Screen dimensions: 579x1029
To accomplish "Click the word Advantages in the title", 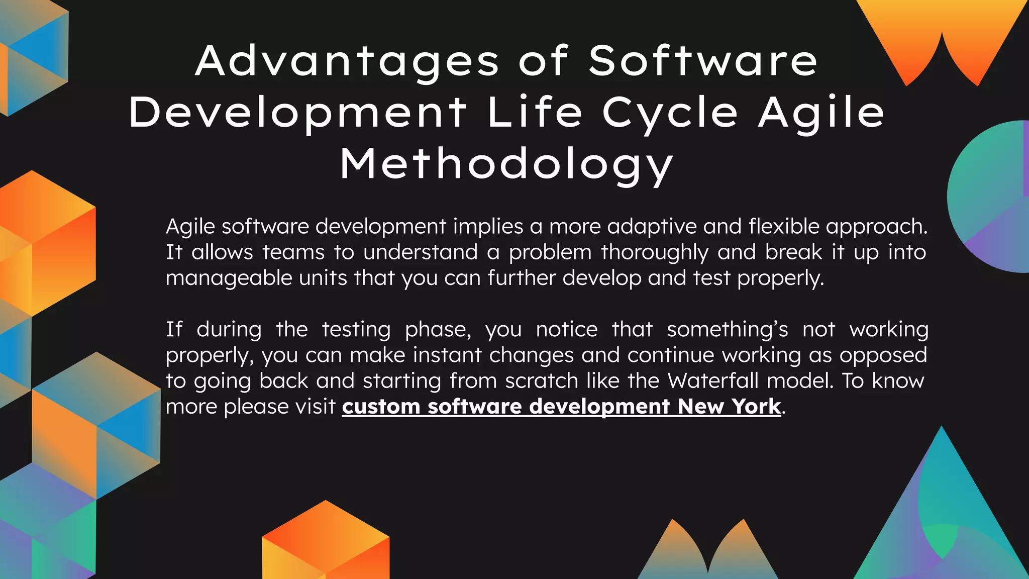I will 347,62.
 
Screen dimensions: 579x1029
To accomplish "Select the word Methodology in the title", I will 506,165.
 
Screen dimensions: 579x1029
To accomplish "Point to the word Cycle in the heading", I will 670,114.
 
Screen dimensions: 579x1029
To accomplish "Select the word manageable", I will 229,278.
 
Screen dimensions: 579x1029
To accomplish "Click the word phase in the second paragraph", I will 438,330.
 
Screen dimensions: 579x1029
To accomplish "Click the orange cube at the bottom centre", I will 326,543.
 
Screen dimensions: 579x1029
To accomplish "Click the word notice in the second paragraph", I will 567,330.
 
